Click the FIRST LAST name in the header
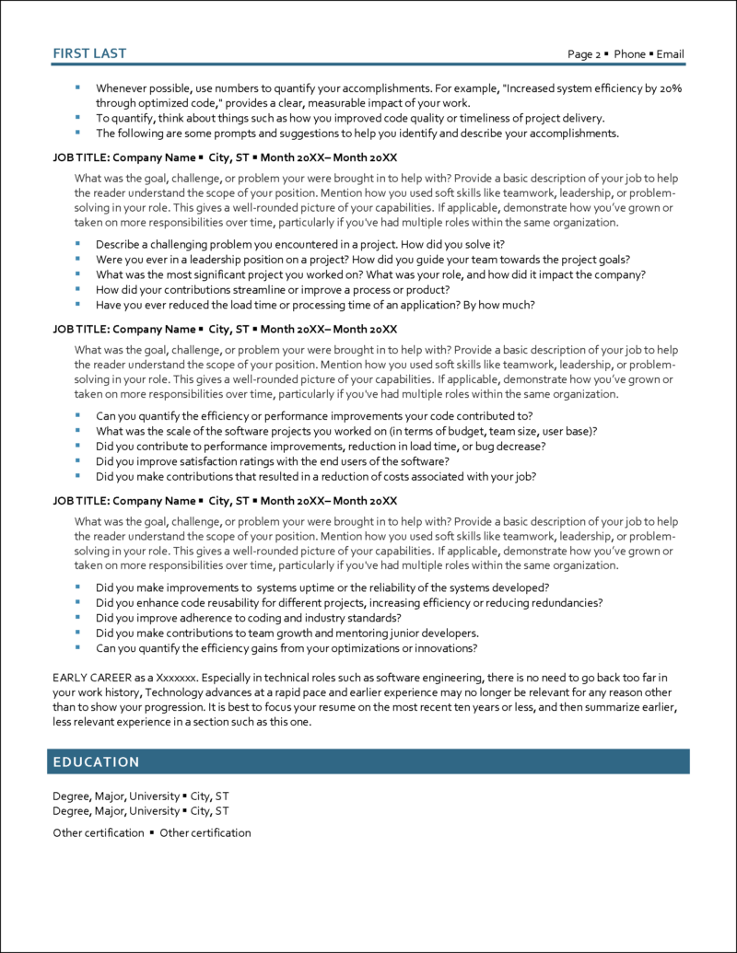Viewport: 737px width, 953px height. [x=89, y=53]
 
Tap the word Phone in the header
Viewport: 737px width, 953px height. [x=629, y=54]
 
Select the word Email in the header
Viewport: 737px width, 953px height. [x=670, y=54]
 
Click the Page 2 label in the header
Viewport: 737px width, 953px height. [x=584, y=54]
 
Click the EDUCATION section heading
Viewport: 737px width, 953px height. [x=96, y=761]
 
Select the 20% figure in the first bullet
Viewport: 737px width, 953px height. [x=672, y=87]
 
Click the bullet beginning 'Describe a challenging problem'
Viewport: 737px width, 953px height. [x=299, y=244]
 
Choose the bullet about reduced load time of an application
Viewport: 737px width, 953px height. [x=314, y=304]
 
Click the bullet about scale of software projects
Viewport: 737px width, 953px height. [x=346, y=431]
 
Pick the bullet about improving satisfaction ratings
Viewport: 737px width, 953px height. [x=272, y=461]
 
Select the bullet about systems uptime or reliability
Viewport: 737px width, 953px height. [x=322, y=587]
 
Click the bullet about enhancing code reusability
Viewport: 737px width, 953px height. [x=349, y=603]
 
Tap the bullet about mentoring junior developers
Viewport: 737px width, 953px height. [x=287, y=633]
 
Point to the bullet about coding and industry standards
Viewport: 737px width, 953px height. [x=248, y=618]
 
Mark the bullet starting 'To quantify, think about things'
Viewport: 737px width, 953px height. [x=350, y=118]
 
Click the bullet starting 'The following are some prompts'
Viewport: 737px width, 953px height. [x=357, y=133]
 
